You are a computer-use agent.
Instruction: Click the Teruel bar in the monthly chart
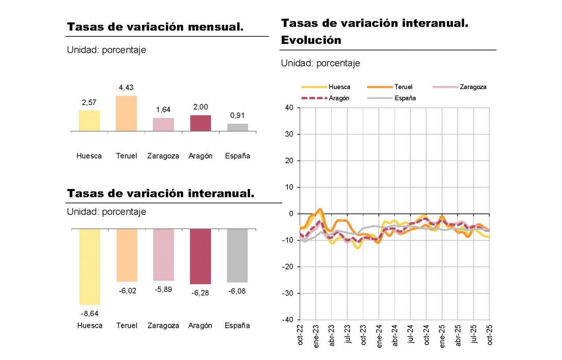[x=126, y=113]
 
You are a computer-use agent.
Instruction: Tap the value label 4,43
[x=126, y=88]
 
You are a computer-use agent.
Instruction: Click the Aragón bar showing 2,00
[x=200, y=123]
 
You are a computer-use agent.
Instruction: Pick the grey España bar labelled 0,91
[x=237, y=127]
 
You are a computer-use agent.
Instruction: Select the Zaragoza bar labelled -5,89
[x=163, y=255]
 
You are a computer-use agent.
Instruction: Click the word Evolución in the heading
[x=311, y=40]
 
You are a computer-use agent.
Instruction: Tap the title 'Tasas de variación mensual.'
[x=155, y=27]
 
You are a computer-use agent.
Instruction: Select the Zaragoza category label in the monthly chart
[x=163, y=156]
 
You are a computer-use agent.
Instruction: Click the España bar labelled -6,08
[x=237, y=255]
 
